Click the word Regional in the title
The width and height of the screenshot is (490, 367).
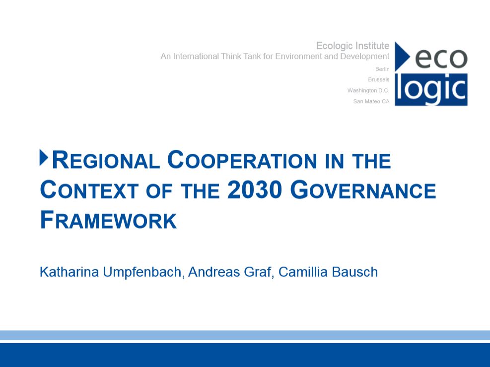coord(106,160)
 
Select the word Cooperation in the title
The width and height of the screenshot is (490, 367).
coord(242,160)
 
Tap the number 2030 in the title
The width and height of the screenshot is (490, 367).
coord(255,190)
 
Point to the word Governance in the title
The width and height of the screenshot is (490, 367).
coord(363,190)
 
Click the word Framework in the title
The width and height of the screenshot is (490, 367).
coord(108,220)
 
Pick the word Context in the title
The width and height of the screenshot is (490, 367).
coord(89,190)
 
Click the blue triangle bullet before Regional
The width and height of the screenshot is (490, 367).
coord(44,158)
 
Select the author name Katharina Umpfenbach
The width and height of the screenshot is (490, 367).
coord(110,272)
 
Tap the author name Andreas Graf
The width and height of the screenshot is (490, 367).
coord(229,272)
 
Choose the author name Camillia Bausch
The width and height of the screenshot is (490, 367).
coord(328,272)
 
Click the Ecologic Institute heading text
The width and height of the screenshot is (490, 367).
coord(353,46)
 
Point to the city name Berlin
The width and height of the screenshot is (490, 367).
coord(382,69)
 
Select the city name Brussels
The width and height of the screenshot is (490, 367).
coord(379,79)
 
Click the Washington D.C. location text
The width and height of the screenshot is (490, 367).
coord(368,90)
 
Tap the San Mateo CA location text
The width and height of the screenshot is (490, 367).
coord(371,102)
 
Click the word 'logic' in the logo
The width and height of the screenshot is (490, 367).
coord(431,89)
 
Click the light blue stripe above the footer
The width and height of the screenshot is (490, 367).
coord(245,335)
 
